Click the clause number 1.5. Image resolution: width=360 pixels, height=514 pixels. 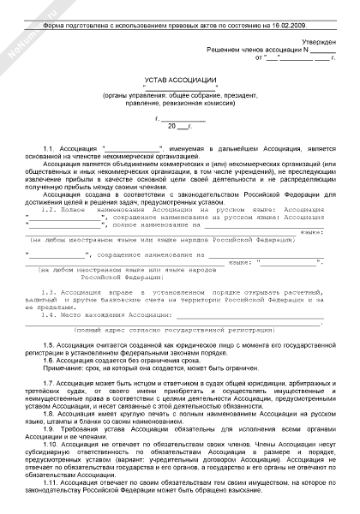click(x=49, y=344)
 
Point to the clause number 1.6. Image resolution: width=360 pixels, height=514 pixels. click(x=49, y=361)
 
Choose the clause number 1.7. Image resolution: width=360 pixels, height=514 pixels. click(x=49, y=380)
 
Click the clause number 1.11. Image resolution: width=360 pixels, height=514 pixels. click(x=51, y=483)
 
